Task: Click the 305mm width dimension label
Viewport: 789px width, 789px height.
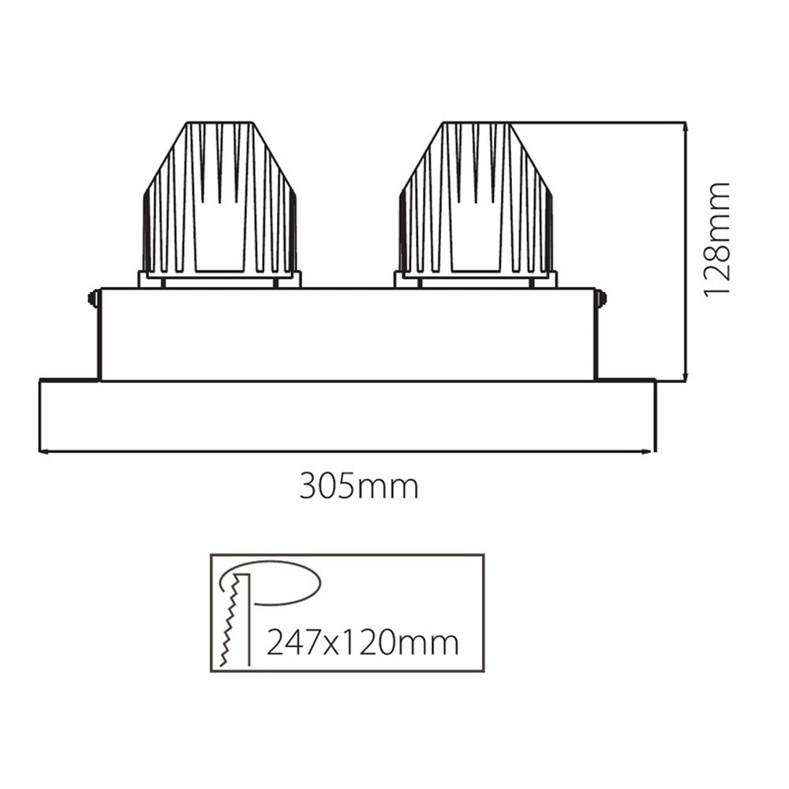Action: click(x=358, y=488)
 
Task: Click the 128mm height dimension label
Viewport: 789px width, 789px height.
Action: click(x=716, y=240)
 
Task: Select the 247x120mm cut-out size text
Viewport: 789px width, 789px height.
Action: click(x=362, y=643)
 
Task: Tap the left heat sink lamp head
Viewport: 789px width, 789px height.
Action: click(x=219, y=201)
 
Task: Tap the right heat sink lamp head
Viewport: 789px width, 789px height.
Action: click(x=476, y=201)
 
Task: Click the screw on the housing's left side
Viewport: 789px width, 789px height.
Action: click(x=92, y=298)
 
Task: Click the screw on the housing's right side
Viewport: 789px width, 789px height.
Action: click(x=602, y=298)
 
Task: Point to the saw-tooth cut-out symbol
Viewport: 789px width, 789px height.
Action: click(x=229, y=623)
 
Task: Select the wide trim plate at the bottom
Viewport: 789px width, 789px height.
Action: click(x=347, y=416)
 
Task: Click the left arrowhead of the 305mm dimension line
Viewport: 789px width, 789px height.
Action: click(x=44, y=452)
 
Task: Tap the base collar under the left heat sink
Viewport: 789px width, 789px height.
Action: click(x=219, y=279)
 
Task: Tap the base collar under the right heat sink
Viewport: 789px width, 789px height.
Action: click(x=476, y=279)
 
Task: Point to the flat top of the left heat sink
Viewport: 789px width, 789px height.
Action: click(x=219, y=123)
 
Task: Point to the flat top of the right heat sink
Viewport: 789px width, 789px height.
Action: click(x=476, y=123)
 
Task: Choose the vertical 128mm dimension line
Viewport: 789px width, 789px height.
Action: click(x=686, y=252)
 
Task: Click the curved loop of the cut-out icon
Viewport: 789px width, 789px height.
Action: click(x=284, y=582)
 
